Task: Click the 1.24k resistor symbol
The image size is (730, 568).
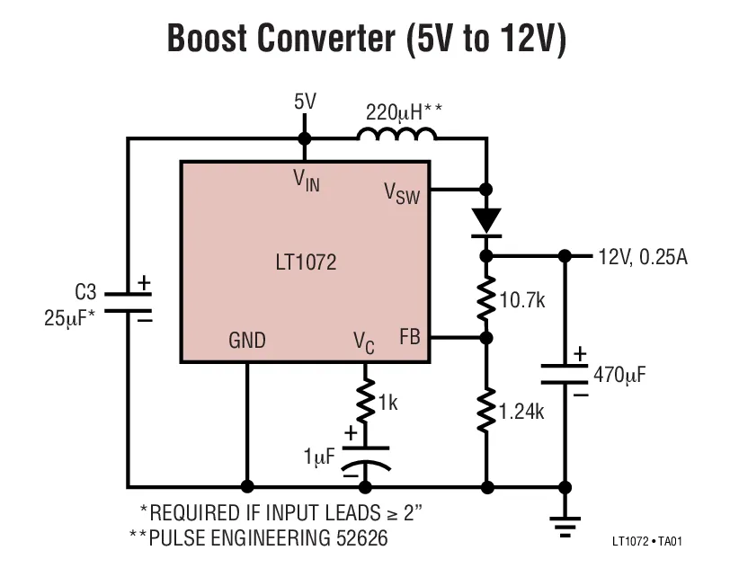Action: pos(486,408)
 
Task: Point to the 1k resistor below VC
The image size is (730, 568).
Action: pos(366,399)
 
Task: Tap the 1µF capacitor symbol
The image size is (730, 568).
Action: pos(366,456)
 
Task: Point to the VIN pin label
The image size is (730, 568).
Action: pos(306,180)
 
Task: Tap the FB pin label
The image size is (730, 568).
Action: pos(409,339)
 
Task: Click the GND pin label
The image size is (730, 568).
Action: pos(246,340)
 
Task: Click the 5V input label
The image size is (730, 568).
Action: pos(305,102)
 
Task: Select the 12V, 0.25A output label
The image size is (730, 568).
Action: pos(642,258)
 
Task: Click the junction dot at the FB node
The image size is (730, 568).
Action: pos(486,338)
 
